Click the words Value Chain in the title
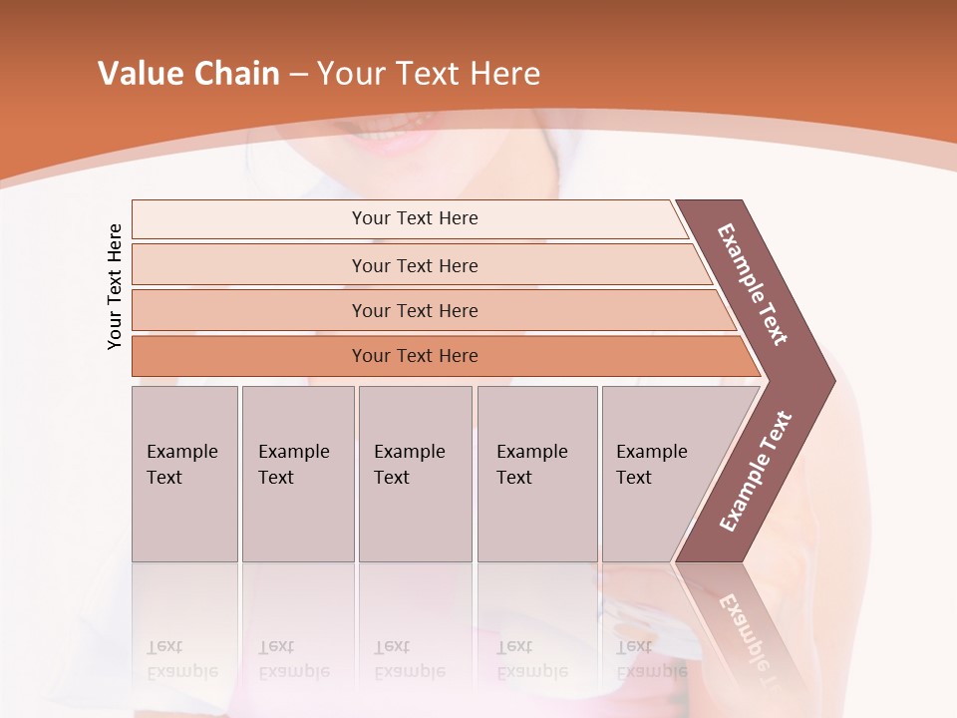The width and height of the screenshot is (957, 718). click(188, 74)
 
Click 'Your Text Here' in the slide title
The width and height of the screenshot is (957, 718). click(429, 74)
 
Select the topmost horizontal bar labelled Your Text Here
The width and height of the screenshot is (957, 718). click(415, 218)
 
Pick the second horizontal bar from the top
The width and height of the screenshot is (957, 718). click(415, 265)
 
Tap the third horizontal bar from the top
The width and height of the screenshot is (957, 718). click(415, 310)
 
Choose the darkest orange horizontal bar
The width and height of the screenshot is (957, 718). click(415, 356)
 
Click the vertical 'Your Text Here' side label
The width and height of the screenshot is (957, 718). click(115, 286)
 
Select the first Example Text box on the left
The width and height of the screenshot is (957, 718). click(184, 474)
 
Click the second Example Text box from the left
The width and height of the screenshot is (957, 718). click(297, 474)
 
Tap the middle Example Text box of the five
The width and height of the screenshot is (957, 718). click(415, 474)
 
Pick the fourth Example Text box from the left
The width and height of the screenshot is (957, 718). click(536, 474)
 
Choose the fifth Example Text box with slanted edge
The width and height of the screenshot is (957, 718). click(658, 474)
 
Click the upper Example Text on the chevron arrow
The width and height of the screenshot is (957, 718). click(753, 284)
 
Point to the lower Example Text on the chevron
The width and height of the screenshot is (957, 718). click(756, 472)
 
